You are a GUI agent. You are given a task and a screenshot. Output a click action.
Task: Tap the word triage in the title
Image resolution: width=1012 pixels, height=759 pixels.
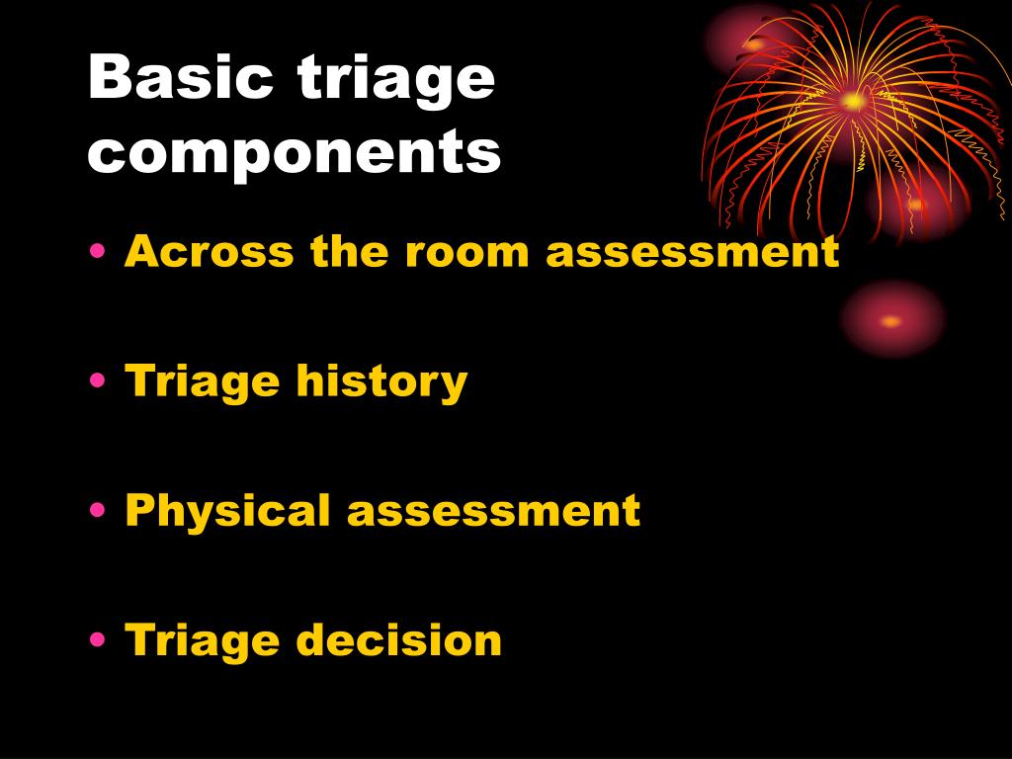(x=395, y=81)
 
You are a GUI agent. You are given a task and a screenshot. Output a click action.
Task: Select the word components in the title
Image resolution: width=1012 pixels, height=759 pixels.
(x=295, y=154)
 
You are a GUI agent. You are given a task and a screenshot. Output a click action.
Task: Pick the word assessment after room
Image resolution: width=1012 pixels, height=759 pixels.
(x=693, y=252)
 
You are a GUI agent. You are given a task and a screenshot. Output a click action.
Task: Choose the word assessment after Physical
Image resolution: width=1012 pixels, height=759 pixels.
(x=493, y=512)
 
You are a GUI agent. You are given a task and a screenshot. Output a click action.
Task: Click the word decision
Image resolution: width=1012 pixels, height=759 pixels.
(x=399, y=640)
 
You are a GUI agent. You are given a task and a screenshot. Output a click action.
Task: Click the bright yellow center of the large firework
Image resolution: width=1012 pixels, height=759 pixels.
(x=853, y=100)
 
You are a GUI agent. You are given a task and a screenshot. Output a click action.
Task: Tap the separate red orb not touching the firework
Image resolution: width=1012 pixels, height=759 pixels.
(x=891, y=320)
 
